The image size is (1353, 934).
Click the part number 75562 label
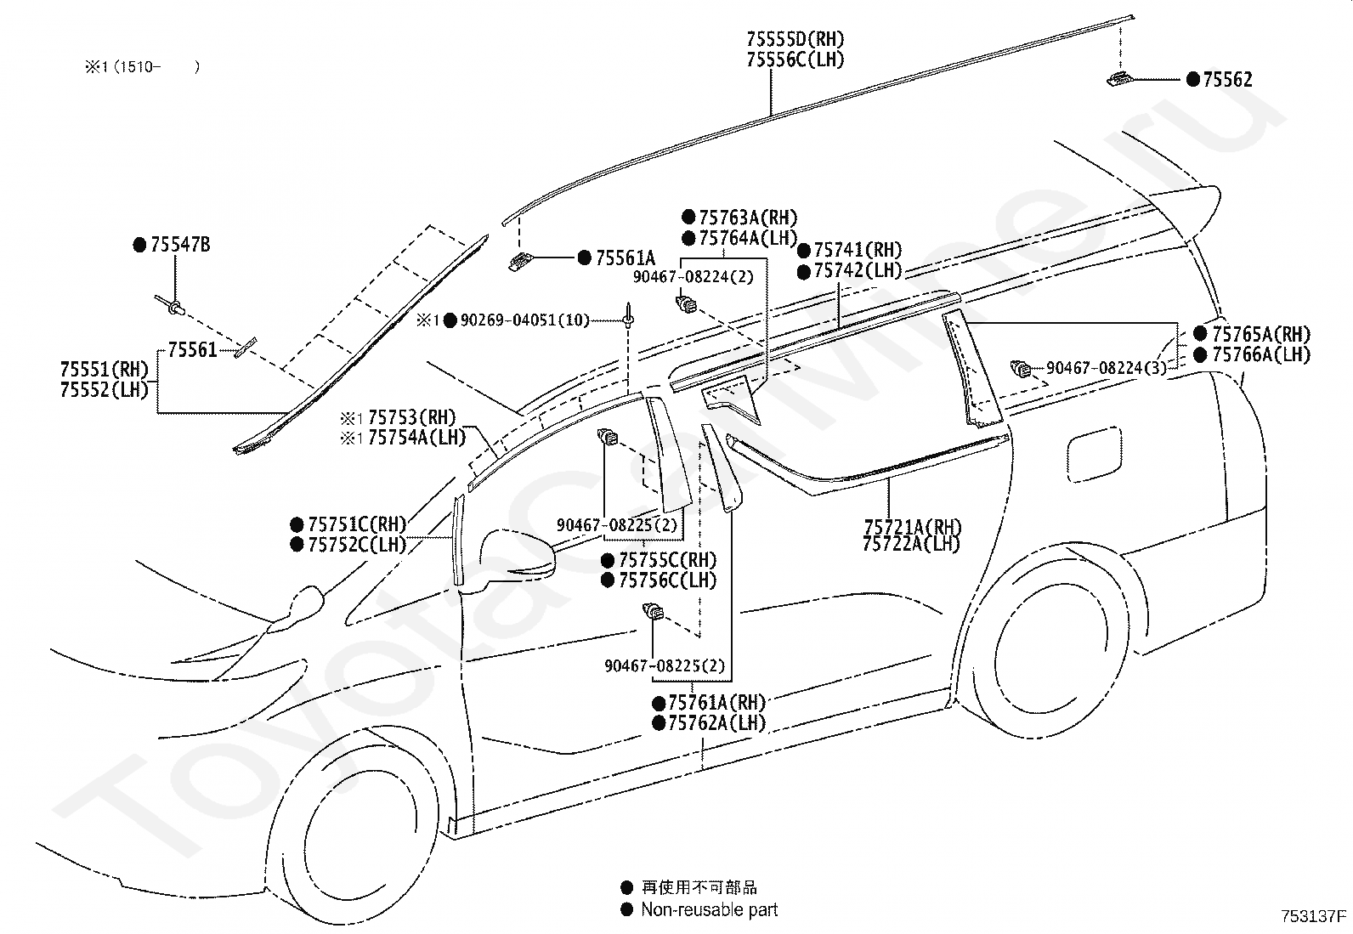[1227, 79]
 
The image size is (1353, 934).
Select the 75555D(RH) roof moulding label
[795, 39]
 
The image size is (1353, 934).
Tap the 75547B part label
[180, 245]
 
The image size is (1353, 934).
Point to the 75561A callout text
[626, 258]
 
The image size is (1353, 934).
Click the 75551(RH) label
[105, 369]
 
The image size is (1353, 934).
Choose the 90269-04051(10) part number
[525, 320]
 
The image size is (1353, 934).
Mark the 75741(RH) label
[858, 250]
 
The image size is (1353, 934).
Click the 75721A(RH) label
[913, 527]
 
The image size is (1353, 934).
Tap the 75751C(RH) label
[358, 524]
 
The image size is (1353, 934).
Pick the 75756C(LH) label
[667, 580]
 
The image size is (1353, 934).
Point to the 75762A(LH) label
[717, 722]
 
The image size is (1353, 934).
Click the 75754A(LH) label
[416, 438]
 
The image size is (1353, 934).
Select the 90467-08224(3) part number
[1106, 368]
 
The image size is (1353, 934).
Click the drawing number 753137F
[1314, 916]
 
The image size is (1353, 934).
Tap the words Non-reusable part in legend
[709, 909]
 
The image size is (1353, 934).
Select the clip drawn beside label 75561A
[520, 262]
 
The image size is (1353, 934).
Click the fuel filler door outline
[1095, 455]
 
